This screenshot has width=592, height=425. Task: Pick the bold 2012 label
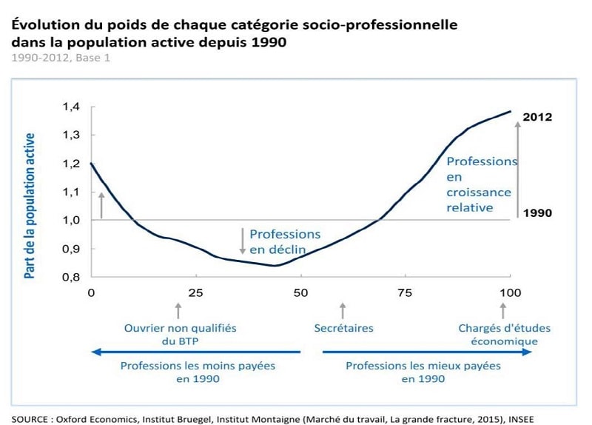pos(537,117)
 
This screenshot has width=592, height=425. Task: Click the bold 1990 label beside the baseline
pos(537,213)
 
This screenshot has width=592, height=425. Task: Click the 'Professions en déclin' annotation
pos(285,241)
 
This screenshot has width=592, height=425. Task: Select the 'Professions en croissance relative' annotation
pos(481,184)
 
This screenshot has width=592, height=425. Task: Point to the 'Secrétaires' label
pos(343,328)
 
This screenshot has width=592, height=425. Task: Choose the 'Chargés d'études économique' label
pos(504,335)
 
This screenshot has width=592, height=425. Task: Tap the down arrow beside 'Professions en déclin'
pos(242,241)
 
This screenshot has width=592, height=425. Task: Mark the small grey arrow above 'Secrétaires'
pos(342,308)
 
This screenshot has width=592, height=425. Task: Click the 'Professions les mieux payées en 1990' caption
pos(423,372)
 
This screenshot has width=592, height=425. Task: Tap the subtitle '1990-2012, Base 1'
pos(61,57)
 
